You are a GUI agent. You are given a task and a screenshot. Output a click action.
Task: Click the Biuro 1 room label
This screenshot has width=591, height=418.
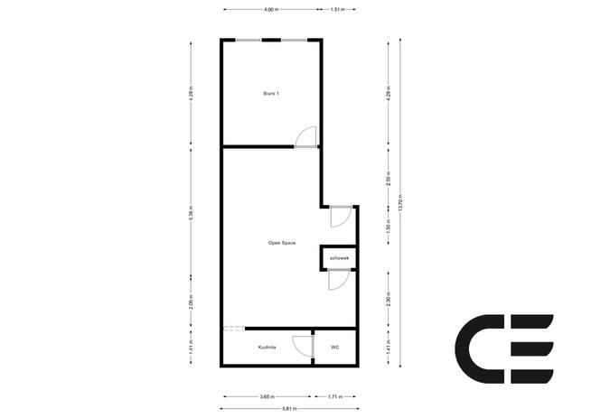pyautogui.click(x=271, y=93)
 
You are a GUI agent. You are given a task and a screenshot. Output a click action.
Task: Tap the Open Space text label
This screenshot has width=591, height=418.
pyautogui.click(x=282, y=243)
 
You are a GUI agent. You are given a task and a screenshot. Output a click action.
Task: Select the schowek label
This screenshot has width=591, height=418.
pyautogui.click(x=339, y=259)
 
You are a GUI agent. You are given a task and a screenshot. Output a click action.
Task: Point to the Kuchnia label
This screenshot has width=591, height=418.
pyautogui.click(x=267, y=347)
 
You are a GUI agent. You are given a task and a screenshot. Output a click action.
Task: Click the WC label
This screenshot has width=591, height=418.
pyautogui.click(x=334, y=347)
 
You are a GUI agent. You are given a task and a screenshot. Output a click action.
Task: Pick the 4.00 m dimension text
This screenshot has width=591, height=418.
pyautogui.click(x=270, y=9)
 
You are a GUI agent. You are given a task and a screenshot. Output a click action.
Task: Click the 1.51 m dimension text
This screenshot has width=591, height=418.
pyautogui.click(x=337, y=9)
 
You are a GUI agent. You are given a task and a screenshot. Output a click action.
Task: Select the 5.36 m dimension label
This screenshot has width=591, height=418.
pyautogui.click(x=192, y=218)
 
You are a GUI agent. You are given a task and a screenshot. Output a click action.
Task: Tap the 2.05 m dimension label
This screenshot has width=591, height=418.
pyautogui.click(x=192, y=302)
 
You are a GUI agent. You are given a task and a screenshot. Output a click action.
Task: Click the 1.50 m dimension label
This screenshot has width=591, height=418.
pyautogui.click(x=387, y=227)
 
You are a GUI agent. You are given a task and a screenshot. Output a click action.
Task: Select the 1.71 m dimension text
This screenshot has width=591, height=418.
pyautogui.click(x=333, y=395)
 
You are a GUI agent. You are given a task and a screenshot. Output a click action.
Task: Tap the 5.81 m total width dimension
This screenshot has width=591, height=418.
pyautogui.click(x=287, y=409)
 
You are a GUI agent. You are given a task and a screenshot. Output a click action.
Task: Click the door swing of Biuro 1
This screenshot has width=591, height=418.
pyautogui.click(x=307, y=135)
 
